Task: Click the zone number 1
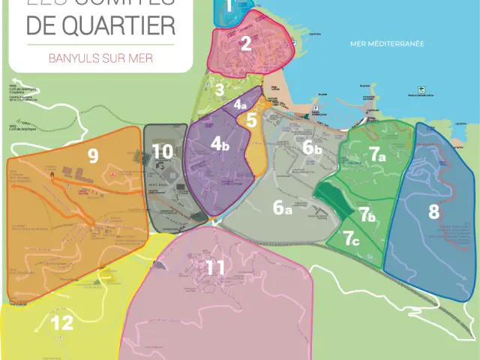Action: pyautogui.click(x=229, y=9)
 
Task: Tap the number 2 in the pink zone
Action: pyautogui.click(x=246, y=43)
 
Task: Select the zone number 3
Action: pyautogui.click(x=219, y=90)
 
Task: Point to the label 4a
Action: pyautogui.click(x=240, y=105)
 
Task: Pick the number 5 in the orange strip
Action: pyautogui.click(x=252, y=119)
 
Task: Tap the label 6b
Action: pyautogui.click(x=312, y=148)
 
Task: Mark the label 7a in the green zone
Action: pyautogui.click(x=376, y=154)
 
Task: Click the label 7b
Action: pyautogui.click(x=366, y=215)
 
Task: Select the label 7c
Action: pyautogui.click(x=351, y=239)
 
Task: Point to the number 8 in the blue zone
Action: pyautogui.click(x=433, y=211)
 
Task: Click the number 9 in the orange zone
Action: pyautogui.click(x=93, y=156)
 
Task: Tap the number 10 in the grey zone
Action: pyautogui.click(x=163, y=151)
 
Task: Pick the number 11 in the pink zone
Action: pyautogui.click(x=215, y=267)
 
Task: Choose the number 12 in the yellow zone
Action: pyautogui.click(x=62, y=323)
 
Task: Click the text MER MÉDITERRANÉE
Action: pyautogui.click(x=387, y=43)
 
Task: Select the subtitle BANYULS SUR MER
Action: pyautogui.click(x=100, y=58)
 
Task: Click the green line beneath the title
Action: pyautogui.click(x=100, y=44)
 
